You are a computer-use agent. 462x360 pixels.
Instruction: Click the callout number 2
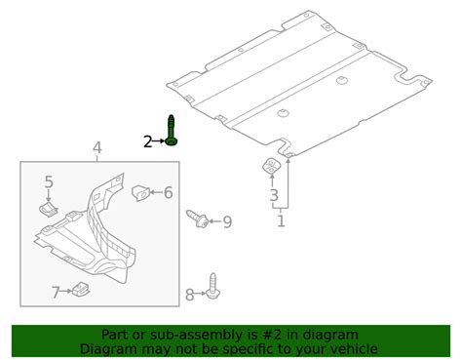pyautogui.click(x=148, y=141)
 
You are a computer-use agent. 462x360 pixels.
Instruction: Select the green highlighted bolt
pyautogui.click(x=171, y=131)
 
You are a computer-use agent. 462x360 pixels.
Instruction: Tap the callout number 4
pyautogui.click(x=97, y=148)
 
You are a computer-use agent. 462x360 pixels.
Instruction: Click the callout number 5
pyautogui.click(x=49, y=181)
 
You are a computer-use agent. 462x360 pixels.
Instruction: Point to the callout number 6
pyautogui.click(x=168, y=192)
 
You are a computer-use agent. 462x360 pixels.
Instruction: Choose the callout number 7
pyautogui.click(x=56, y=293)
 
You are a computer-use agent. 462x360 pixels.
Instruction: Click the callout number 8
pyautogui.click(x=189, y=295)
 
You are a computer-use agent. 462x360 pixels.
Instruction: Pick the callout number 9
pyautogui.click(x=227, y=221)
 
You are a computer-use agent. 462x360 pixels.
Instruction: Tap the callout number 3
pyautogui.click(x=274, y=195)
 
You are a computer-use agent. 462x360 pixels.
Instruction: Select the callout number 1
pyautogui.click(x=281, y=220)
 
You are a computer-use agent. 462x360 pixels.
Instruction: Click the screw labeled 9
pyautogui.click(x=198, y=219)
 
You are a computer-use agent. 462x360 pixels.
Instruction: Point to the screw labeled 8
pyautogui.click(x=213, y=286)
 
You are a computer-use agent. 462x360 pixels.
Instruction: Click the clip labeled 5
pyautogui.click(x=49, y=208)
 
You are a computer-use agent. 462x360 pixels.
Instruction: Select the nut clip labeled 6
pyautogui.click(x=140, y=192)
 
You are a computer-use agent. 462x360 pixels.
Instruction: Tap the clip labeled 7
pyautogui.click(x=81, y=289)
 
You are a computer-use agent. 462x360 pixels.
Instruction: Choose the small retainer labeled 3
pyautogui.click(x=272, y=166)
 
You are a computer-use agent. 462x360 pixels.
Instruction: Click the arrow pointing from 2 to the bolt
pyautogui.click(x=159, y=141)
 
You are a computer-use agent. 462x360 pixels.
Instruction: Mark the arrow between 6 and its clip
pyautogui.click(x=156, y=192)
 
